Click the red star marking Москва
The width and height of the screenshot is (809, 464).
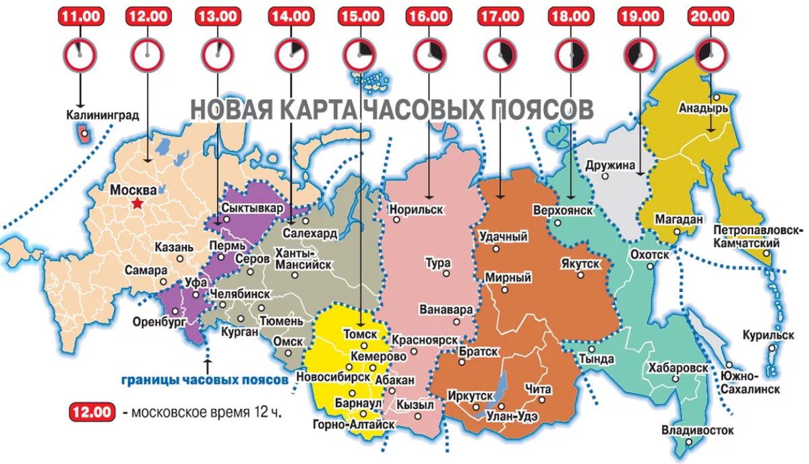[138, 203]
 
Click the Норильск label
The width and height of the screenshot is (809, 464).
[417, 210]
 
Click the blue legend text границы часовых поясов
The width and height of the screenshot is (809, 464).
[205, 380]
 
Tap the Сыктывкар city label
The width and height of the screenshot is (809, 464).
[252, 208]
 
